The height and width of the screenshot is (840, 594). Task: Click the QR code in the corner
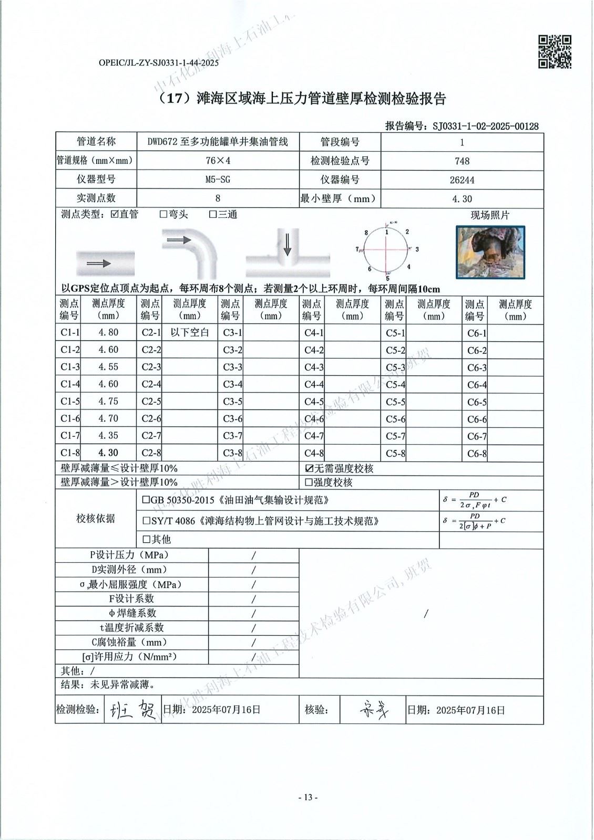555,51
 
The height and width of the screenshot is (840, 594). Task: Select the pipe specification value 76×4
218,161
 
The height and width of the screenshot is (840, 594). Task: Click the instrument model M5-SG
218,180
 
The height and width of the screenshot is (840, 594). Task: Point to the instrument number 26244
462,180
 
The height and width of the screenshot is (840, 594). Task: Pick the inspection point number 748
462,161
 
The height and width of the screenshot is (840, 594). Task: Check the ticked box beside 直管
115,215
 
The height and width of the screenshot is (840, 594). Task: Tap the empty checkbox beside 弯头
163,215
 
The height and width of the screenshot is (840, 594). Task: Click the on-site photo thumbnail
490,252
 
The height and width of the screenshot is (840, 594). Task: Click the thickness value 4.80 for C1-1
108,332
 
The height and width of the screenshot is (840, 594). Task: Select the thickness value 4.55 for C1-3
108,367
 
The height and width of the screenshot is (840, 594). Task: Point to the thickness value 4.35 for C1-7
108,436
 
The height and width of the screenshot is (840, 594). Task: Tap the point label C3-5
232,402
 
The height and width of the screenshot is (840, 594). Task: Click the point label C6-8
477,454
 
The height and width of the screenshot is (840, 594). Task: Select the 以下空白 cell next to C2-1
190,332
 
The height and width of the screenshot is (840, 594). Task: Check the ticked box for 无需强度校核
309,468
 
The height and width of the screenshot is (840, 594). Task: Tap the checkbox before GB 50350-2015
146,500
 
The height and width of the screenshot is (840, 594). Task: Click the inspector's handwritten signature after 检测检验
131,710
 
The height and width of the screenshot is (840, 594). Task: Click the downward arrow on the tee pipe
287,245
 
